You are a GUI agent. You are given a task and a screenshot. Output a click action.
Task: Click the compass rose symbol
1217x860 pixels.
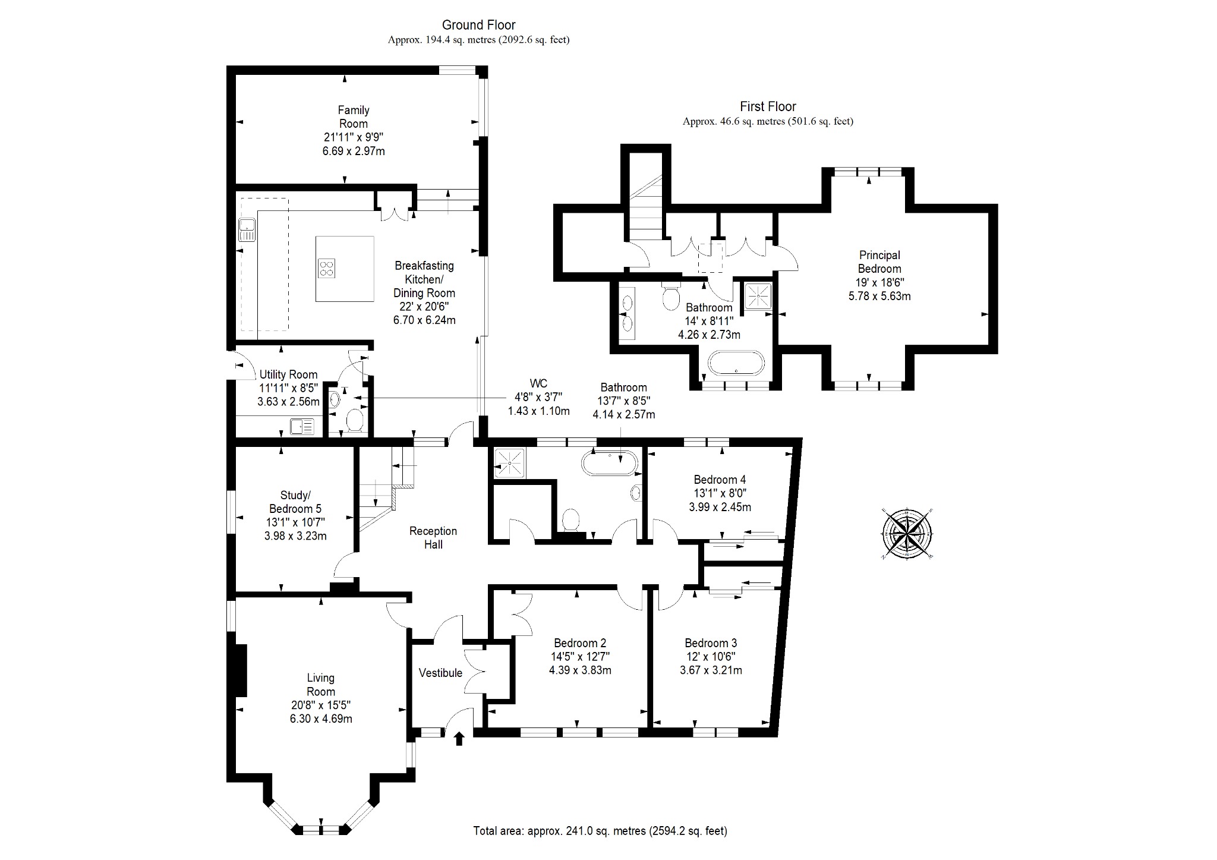click(x=907, y=533)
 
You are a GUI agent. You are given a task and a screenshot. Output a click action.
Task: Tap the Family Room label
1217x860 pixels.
click(x=354, y=117)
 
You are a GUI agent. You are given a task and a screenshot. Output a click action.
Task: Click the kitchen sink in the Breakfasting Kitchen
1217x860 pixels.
click(x=247, y=230)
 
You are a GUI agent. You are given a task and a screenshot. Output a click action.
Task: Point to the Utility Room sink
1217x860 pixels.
click(x=302, y=427)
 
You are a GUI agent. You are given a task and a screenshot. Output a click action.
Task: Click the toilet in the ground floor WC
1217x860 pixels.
click(x=355, y=421)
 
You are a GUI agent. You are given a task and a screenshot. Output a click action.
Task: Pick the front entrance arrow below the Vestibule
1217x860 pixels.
click(x=459, y=739)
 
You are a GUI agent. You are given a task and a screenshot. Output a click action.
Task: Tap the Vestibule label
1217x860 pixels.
click(x=440, y=673)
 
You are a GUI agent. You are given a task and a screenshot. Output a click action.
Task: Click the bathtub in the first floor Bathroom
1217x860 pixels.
click(x=736, y=363)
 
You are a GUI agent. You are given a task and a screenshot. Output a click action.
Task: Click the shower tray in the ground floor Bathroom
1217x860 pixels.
click(x=510, y=463)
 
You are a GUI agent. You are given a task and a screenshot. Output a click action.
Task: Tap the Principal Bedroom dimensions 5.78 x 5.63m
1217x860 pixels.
click(x=879, y=296)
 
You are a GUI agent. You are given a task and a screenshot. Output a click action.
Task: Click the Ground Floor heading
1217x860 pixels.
click(x=478, y=25)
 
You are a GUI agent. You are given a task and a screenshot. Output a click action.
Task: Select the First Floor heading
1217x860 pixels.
click(x=768, y=107)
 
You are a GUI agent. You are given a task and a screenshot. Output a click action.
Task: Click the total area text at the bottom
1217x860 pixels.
click(x=600, y=830)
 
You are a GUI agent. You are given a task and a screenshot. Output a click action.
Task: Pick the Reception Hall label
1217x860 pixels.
click(x=433, y=537)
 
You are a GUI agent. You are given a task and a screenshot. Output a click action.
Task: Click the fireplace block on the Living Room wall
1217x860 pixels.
click(x=240, y=670)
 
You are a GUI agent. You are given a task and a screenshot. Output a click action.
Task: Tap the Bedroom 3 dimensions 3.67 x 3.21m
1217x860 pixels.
click(x=711, y=670)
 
